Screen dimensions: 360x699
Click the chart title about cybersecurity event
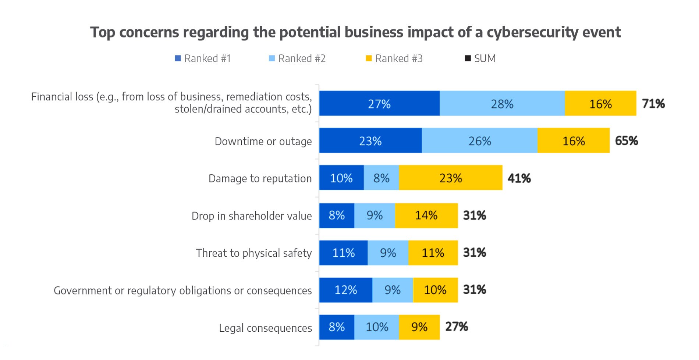tap(355, 32)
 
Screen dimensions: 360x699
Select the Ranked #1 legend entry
tap(203, 58)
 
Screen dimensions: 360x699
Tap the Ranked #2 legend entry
tap(297, 58)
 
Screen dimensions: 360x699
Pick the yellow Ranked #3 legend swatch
tap(369, 58)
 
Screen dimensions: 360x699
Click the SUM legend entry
tap(480, 58)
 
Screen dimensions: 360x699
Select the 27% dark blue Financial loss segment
tap(379, 104)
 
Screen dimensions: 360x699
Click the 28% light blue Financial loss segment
tap(502, 104)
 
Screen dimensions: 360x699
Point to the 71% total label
tap(653, 104)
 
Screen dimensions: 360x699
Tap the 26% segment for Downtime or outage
tap(479, 141)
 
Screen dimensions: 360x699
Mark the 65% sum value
tap(627, 141)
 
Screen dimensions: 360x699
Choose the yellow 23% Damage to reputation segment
tap(451, 178)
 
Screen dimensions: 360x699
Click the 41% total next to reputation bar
tap(519, 178)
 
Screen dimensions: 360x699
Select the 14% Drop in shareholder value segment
tap(426, 215)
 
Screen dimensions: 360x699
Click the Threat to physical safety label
tap(254, 253)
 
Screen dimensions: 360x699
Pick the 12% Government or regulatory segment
tap(345, 290)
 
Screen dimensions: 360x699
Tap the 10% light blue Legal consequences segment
tap(377, 327)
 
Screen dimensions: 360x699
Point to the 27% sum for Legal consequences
tap(457, 327)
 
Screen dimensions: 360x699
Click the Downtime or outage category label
tap(263, 141)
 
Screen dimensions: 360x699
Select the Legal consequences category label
tap(265, 328)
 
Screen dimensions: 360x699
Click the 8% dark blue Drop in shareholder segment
tap(337, 215)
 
